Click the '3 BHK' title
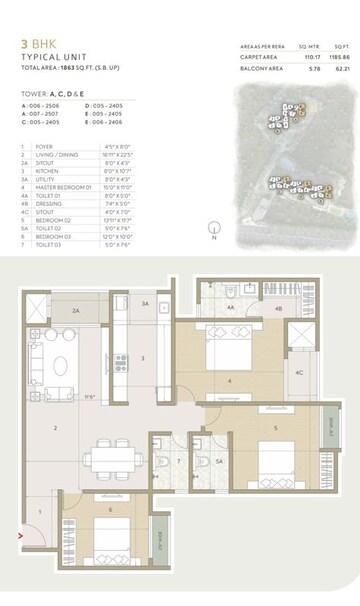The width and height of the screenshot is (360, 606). coord(37,44)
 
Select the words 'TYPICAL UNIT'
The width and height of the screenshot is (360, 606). coord(51,59)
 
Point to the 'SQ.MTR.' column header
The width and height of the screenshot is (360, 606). coord(305,47)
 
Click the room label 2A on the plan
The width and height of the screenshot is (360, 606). coord(75,311)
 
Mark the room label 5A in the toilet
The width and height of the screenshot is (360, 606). coord(219,462)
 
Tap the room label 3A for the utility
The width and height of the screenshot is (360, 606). coord(145,304)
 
